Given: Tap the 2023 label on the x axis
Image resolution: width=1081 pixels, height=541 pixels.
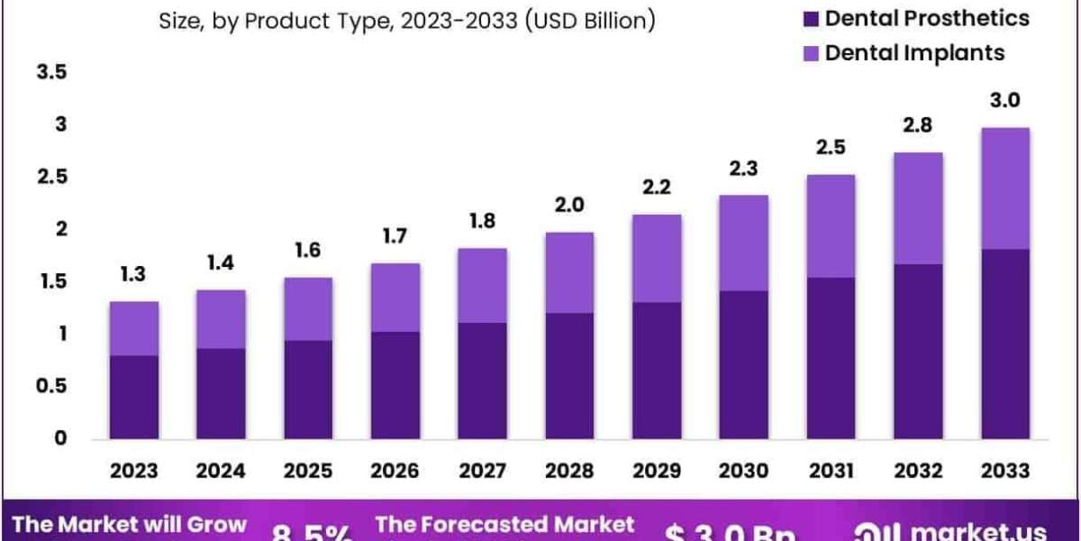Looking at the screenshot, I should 133,470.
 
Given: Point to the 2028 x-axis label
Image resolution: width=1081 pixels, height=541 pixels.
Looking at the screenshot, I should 568,470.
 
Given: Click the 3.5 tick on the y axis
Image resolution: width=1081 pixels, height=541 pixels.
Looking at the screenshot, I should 51,73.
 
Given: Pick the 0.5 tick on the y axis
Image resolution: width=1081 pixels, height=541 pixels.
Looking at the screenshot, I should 51,386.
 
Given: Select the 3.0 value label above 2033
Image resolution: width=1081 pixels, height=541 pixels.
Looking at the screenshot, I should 1004,101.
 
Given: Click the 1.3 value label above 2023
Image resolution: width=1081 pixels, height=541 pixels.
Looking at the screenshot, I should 133,275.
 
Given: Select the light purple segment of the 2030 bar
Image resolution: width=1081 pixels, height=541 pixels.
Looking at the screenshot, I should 742,243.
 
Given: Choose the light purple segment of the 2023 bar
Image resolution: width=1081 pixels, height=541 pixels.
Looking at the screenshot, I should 133,328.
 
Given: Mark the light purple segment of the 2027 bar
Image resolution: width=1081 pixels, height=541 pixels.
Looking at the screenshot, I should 481,285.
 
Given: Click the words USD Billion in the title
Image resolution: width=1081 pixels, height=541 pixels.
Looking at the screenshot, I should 594,20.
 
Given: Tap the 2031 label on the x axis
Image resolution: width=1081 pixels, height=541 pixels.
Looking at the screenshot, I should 830,470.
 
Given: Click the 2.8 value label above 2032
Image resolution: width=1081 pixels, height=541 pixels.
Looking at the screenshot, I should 916,125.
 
